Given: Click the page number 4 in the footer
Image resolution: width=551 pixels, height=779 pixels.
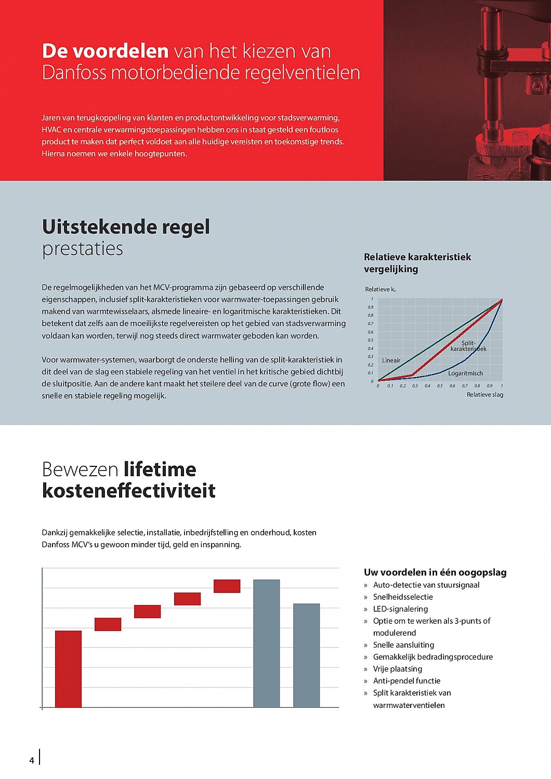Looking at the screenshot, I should (32, 760).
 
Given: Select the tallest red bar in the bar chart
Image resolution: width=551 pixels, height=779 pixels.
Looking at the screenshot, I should (68, 669).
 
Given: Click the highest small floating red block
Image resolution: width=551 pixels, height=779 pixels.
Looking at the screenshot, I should (227, 586).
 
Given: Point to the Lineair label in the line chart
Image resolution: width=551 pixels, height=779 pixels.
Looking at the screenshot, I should (391, 360).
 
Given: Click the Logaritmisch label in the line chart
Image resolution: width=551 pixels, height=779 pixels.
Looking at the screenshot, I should (465, 373).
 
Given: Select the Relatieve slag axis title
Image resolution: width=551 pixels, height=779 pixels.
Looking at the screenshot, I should (484, 395).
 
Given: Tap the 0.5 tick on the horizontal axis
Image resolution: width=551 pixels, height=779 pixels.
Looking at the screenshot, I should (440, 386).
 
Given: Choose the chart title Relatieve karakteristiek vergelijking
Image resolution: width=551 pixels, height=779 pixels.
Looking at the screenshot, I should (417, 263).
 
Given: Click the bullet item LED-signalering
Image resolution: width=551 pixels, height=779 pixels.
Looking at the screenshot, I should (400, 609).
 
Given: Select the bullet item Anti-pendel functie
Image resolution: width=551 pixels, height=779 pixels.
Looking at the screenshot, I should (406, 681).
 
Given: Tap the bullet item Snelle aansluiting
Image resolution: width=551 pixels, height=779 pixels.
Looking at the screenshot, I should (403, 645).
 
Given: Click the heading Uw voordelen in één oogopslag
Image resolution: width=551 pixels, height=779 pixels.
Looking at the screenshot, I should (435, 572).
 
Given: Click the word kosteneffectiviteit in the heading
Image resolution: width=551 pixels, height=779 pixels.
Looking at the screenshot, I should (129, 491).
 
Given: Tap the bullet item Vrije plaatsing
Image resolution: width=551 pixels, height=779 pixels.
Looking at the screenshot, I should (397, 669).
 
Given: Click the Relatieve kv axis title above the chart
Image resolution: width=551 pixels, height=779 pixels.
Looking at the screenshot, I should (381, 289).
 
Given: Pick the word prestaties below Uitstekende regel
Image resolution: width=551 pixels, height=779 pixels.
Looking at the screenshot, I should (83, 249).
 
